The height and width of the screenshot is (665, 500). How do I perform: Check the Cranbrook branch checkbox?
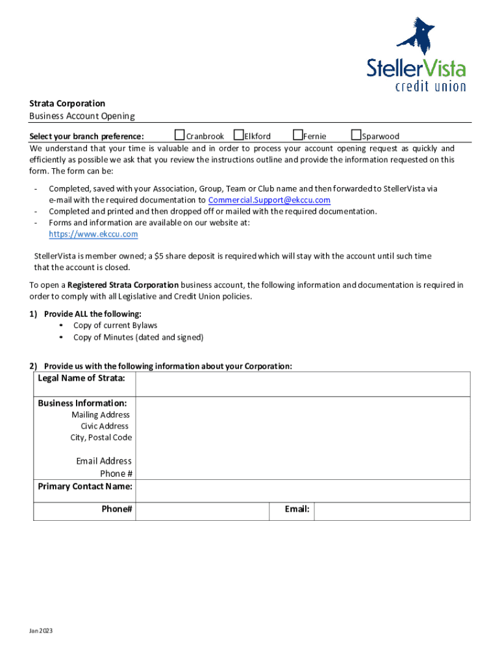point(181,135)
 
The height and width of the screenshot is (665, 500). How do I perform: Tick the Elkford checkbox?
point(238,135)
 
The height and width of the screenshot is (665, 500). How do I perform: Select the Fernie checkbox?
point(298,135)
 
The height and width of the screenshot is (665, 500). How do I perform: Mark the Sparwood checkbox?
point(356,135)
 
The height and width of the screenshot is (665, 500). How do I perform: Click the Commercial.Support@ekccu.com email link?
point(269,200)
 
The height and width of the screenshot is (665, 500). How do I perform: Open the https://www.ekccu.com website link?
point(94,234)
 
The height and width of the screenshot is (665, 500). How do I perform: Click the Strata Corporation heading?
point(67,103)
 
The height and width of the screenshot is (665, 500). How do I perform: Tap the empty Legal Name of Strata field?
point(302,384)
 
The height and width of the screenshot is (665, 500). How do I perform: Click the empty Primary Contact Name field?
point(302,491)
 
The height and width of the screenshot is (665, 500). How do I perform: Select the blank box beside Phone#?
point(202,511)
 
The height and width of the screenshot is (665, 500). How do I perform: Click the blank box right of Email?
point(392,511)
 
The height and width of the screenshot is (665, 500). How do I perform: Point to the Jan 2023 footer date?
point(40,631)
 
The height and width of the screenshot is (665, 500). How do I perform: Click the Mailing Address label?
point(101,414)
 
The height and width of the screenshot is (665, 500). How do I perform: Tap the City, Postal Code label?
point(101,437)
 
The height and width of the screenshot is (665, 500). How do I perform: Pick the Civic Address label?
point(105,426)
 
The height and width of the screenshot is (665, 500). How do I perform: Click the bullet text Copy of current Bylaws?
point(115,325)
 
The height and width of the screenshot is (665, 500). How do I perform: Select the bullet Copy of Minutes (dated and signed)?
point(138,337)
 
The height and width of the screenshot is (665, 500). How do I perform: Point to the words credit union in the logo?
point(431,86)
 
